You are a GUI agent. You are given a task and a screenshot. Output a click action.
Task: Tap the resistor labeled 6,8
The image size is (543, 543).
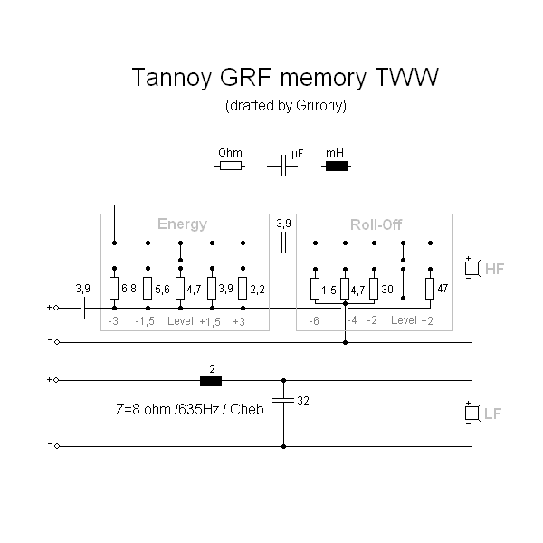coord(114,289)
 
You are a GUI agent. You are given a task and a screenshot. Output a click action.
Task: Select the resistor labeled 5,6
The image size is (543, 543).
coord(148,289)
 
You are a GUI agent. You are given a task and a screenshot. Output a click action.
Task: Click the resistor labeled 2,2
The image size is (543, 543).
coord(243,289)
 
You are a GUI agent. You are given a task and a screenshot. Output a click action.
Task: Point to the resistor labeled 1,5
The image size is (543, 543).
coord(313,289)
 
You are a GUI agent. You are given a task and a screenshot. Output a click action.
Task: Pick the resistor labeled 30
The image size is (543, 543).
coord(373,289)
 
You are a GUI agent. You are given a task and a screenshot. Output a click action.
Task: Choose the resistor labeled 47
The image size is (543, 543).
coord(430,289)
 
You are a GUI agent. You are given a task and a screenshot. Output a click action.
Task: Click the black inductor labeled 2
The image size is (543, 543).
coord(211,380)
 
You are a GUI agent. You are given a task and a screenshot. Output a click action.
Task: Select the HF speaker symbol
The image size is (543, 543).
coord(472,269)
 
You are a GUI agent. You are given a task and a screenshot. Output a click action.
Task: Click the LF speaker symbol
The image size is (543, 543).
coord(472,414)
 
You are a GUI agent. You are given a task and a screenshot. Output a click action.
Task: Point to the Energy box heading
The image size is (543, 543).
coord(182,224)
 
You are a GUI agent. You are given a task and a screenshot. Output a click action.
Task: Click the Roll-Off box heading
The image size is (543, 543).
coord(376,224)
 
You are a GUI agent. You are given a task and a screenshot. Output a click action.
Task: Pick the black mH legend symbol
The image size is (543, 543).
coord(337,166)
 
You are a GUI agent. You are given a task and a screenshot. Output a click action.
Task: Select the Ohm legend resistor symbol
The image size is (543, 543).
coord(231,166)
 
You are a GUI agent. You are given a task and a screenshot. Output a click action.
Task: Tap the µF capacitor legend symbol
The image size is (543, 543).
coord(284,166)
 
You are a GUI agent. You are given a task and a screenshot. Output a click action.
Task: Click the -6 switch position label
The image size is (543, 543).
coord(313,321)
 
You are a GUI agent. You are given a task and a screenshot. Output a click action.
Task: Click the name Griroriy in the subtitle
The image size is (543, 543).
coord(319,106)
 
